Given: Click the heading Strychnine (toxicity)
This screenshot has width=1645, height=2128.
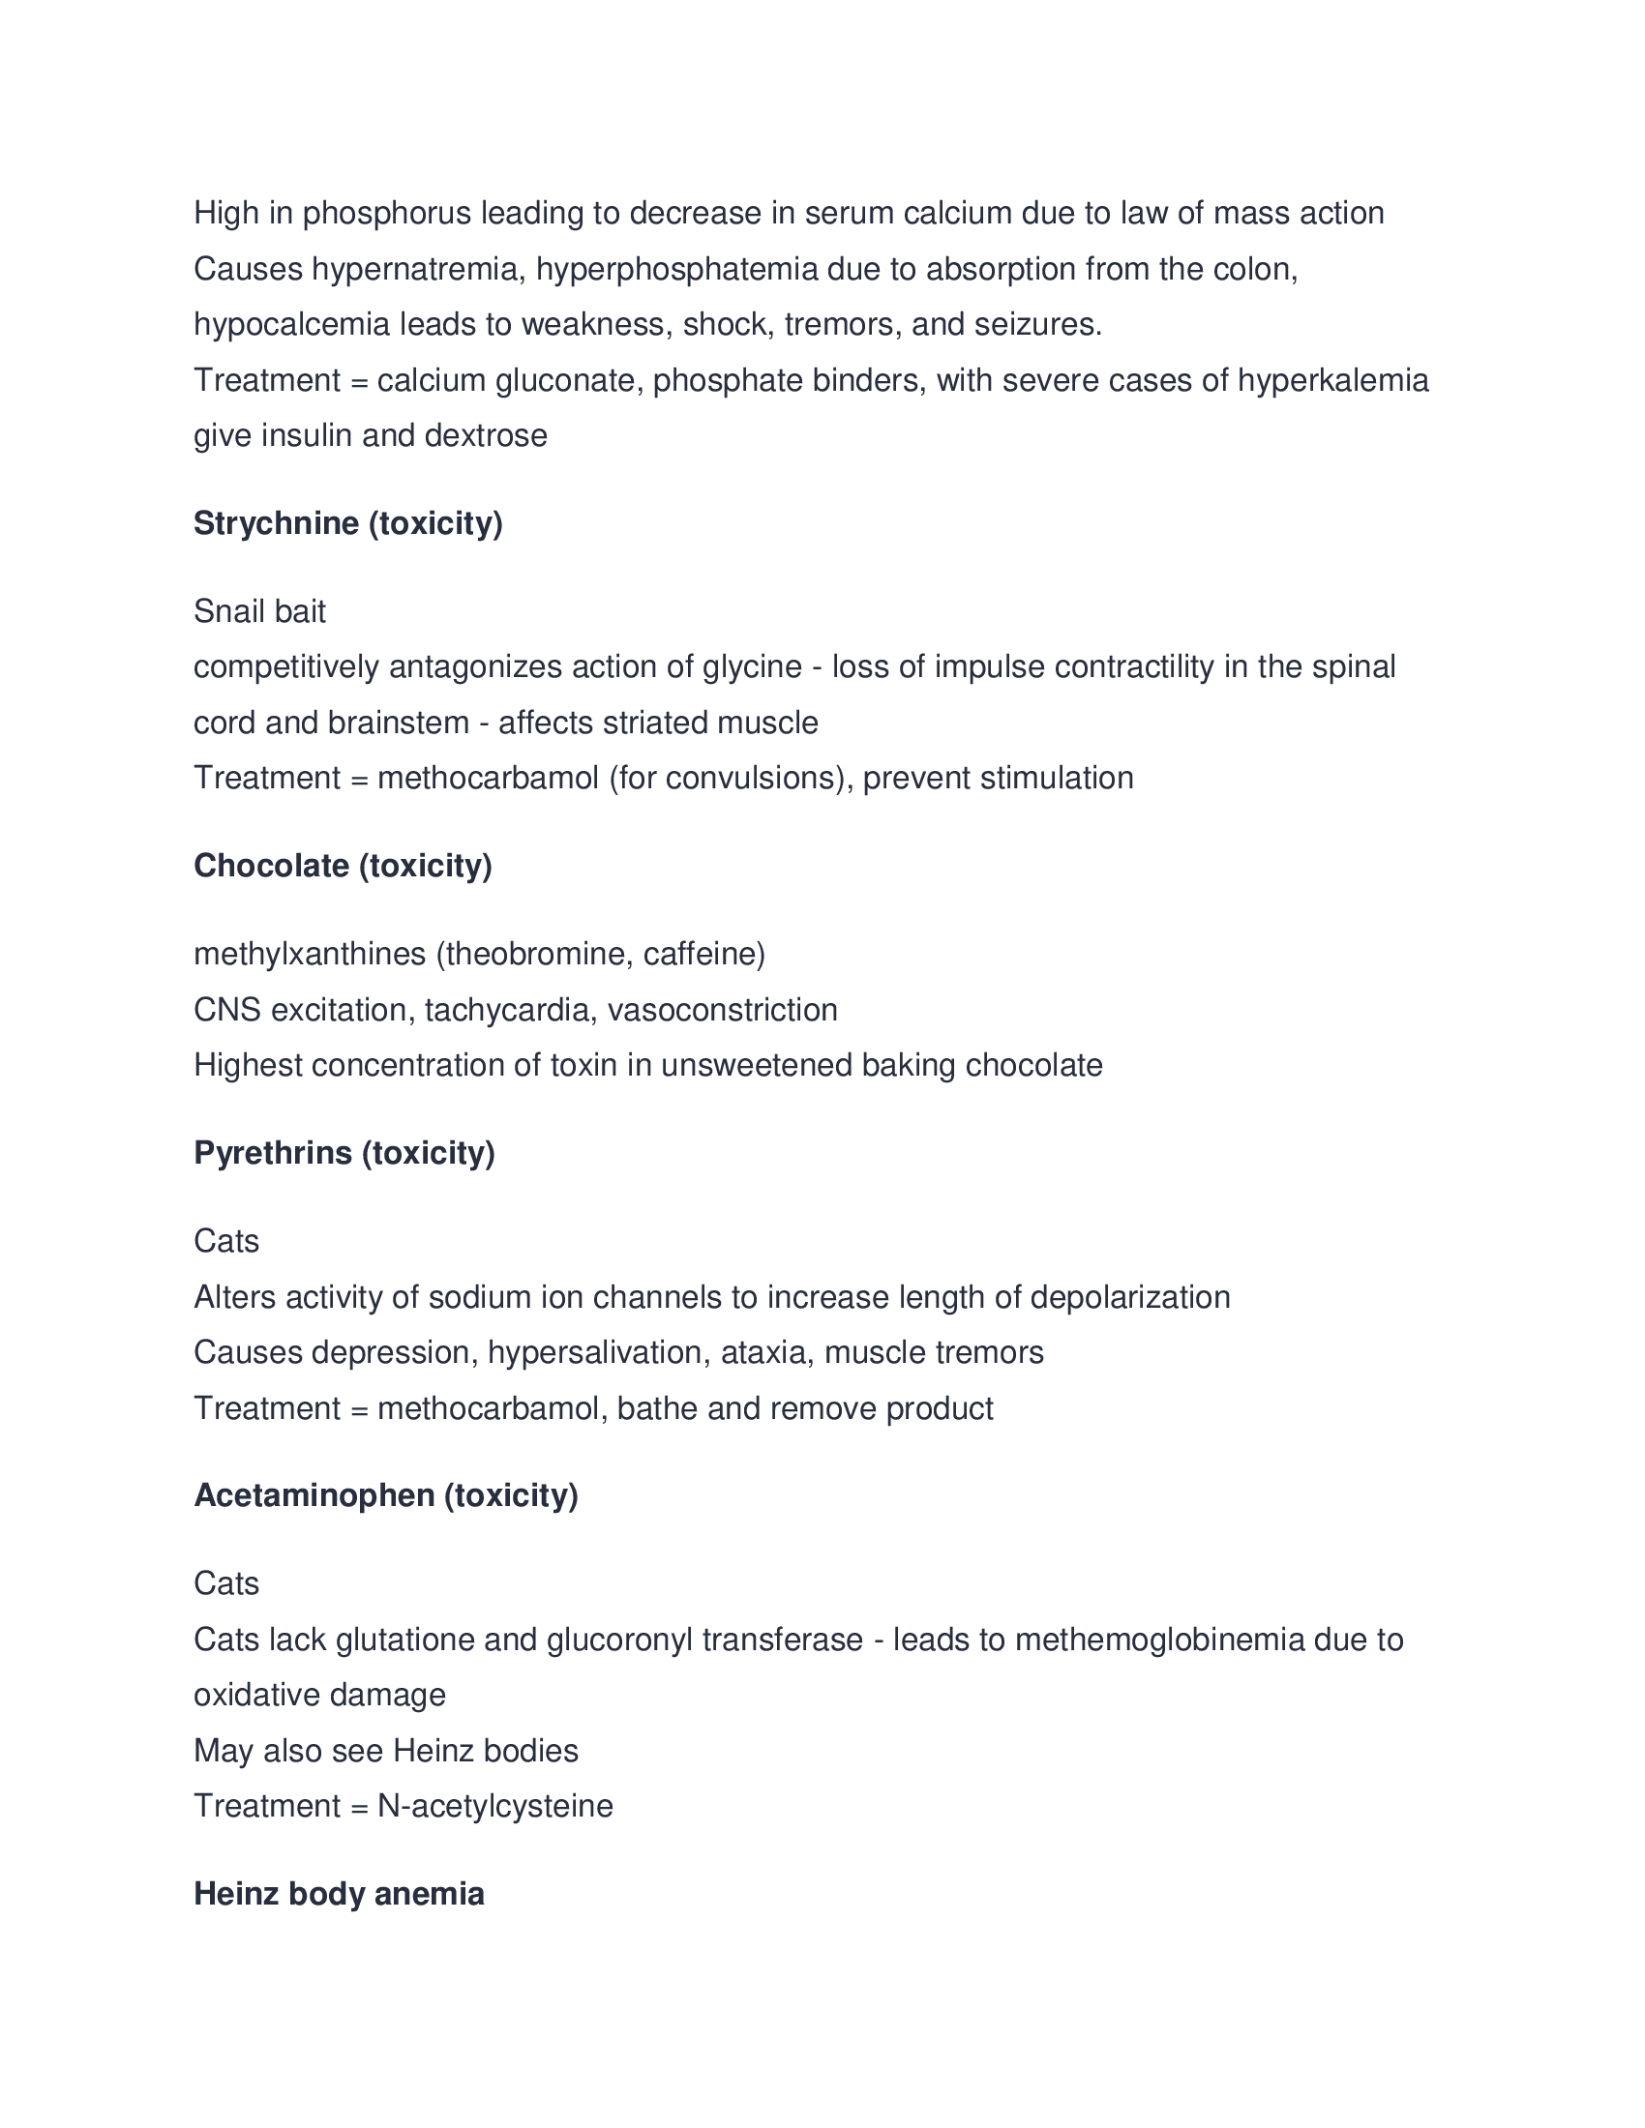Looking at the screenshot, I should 348,523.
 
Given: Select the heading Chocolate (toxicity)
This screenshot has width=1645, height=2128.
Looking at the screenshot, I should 344,866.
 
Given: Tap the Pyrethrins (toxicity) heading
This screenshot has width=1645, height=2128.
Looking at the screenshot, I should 344,1153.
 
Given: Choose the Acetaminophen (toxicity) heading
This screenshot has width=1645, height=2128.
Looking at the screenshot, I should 386,1494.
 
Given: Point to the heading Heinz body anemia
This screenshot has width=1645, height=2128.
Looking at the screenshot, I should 338,1893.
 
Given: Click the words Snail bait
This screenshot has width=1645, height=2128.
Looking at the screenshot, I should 259,611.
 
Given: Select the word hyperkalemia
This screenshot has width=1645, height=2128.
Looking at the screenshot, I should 1332,380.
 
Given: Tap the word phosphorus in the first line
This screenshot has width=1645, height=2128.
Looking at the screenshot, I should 387,213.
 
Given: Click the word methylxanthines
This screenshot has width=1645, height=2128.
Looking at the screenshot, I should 310,953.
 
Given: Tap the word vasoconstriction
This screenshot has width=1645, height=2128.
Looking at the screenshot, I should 722,1010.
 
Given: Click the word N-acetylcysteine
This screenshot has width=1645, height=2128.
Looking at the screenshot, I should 495,1806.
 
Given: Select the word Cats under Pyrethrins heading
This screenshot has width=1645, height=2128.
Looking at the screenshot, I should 226,1241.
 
